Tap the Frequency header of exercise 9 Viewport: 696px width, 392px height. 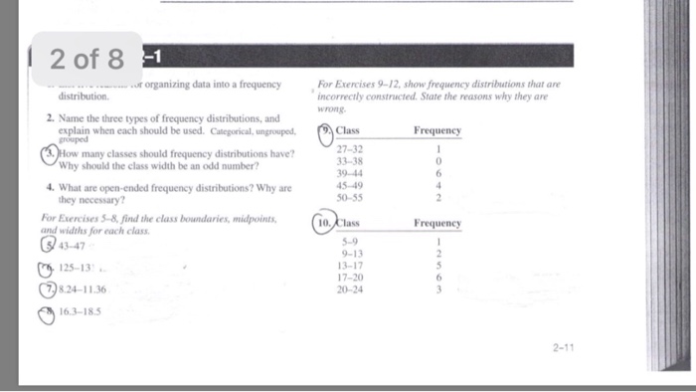click(x=436, y=130)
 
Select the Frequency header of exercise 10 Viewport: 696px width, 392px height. click(x=436, y=223)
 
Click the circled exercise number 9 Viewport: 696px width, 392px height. click(x=325, y=133)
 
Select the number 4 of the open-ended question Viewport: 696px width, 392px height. click(x=49, y=186)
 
